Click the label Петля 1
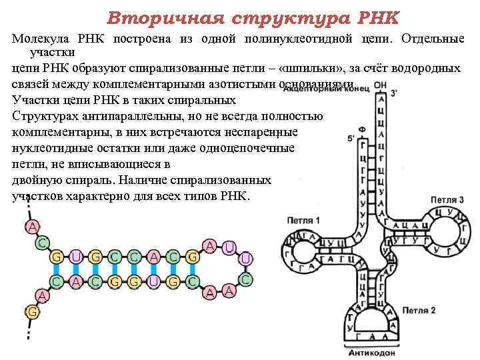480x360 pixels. (303, 220)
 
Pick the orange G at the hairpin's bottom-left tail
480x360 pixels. (31, 311)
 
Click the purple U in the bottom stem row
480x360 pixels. (154, 281)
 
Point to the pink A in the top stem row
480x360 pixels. (154, 257)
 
